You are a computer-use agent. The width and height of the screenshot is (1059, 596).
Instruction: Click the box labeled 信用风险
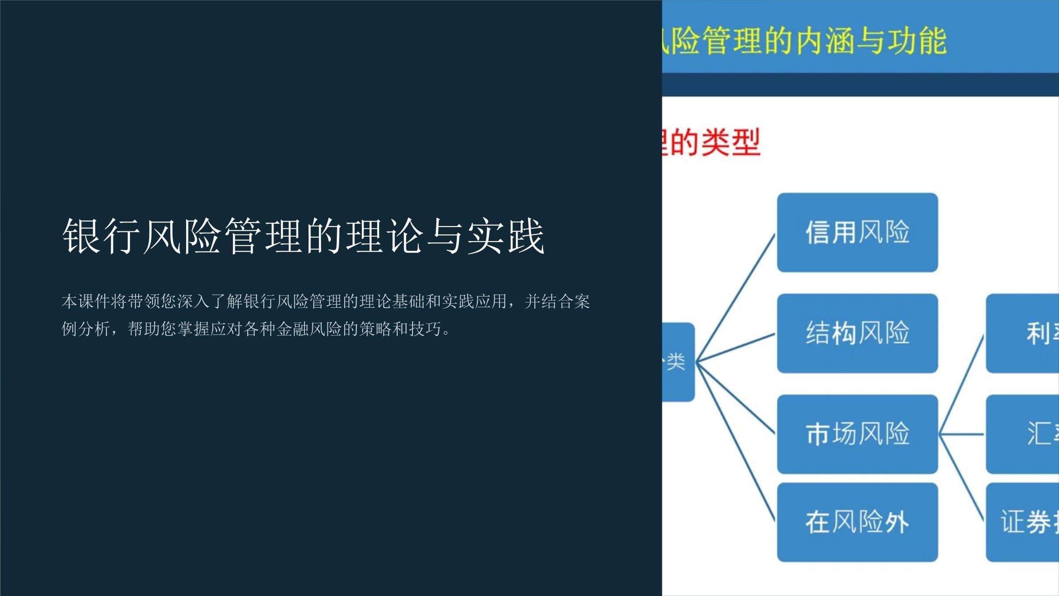point(857,232)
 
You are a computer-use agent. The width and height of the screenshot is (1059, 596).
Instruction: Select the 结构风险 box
point(857,333)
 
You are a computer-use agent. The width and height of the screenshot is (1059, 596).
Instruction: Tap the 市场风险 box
point(857,434)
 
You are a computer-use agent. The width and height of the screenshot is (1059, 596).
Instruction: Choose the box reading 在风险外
point(857,522)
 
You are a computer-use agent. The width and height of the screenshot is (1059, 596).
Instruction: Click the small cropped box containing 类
point(678,362)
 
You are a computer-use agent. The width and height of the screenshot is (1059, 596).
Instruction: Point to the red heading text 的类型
point(715,142)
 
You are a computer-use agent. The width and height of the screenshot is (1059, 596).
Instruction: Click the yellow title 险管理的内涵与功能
point(807,41)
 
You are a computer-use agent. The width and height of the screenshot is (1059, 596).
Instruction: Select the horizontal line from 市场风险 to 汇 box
point(962,434)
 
